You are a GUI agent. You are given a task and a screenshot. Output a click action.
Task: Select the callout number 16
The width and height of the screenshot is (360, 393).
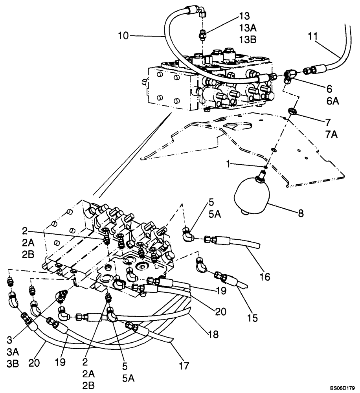click(x=265, y=277)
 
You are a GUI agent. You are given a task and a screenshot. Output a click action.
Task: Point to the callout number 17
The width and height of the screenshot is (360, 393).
click(x=184, y=365)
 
